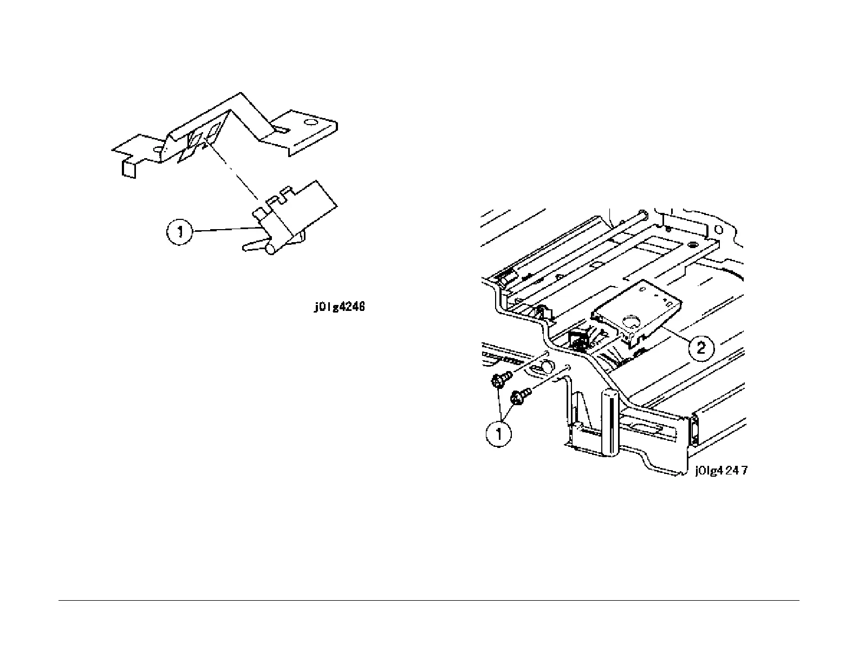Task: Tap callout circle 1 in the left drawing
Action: click(179, 233)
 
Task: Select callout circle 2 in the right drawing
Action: click(701, 347)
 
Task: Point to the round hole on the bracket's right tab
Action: click(310, 122)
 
